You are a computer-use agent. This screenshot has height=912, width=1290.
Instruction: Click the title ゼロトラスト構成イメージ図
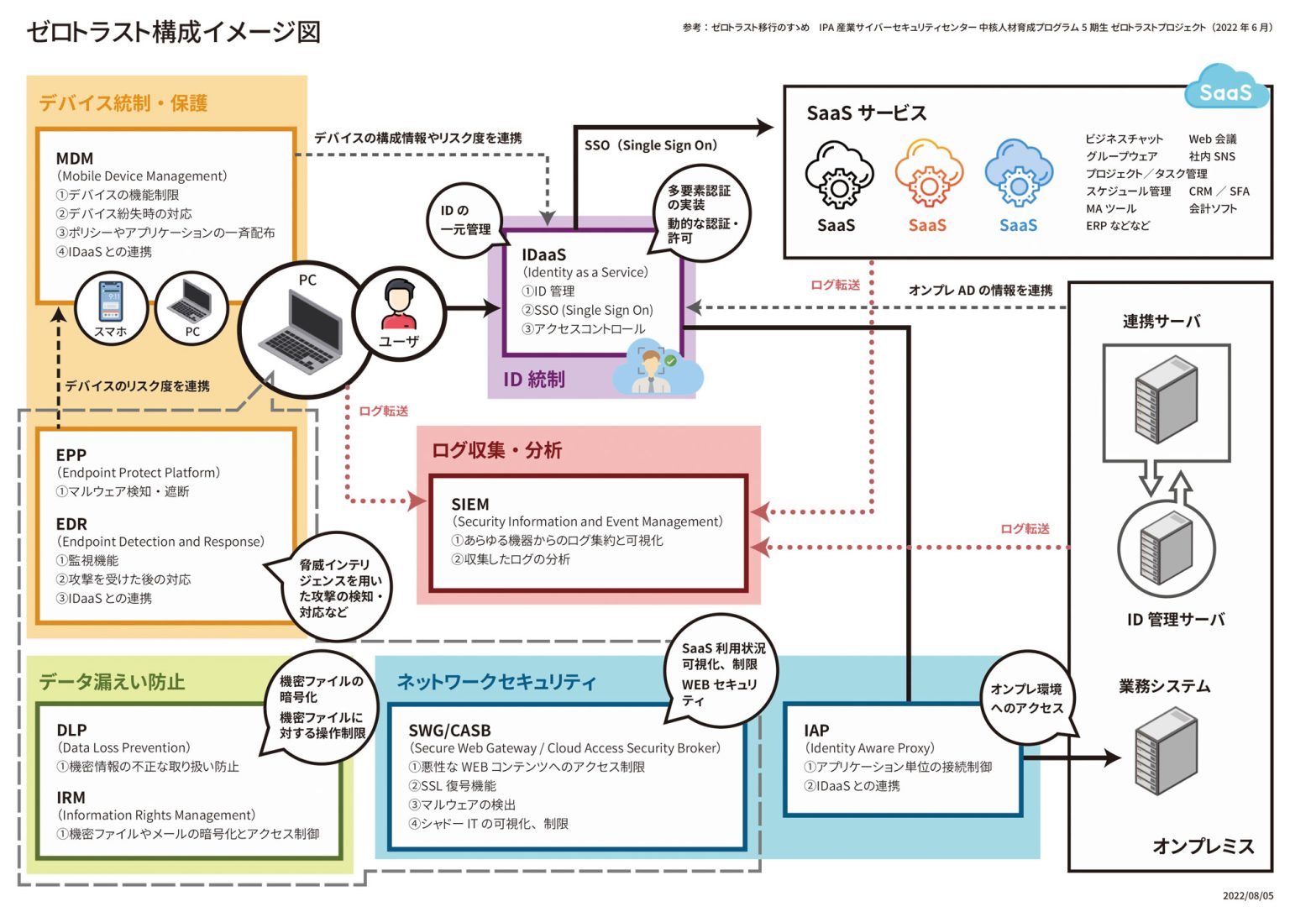tap(173, 32)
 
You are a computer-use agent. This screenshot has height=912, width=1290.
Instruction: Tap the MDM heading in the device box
tap(75, 158)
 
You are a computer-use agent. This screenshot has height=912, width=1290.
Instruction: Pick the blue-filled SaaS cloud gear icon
tap(1018, 174)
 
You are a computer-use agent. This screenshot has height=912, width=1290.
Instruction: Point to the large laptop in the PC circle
tap(302, 333)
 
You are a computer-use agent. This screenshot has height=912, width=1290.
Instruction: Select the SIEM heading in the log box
tap(469, 504)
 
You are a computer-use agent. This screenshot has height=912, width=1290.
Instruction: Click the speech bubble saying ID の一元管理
tap(465, 220)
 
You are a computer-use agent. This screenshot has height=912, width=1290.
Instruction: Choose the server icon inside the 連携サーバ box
tap(1166, 399)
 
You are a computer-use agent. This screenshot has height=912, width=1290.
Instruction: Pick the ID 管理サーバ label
tap(1175, 620)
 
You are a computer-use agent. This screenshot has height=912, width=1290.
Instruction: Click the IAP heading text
tap(815, 730)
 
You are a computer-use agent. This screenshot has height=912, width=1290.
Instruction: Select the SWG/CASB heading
tap(449, 730)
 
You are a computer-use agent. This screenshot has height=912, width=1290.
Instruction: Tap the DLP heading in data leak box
tap(71, 730)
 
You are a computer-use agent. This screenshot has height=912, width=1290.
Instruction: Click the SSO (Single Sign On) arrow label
tap(651, 145)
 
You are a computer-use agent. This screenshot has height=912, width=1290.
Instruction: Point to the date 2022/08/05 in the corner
tap(1247, 895)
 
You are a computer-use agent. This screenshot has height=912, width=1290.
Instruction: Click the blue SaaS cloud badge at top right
tap(1225, 91)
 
